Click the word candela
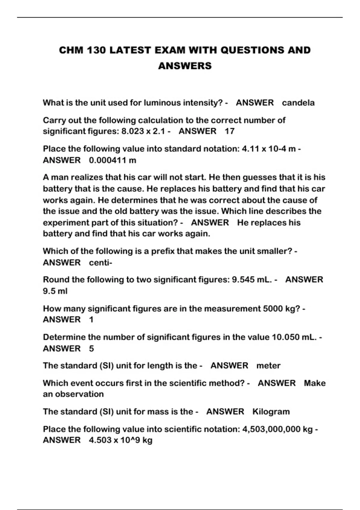coord(298,103)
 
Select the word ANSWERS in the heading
coord(185,66)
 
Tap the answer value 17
coord(229,131)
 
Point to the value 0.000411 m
coord(112,160)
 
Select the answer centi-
coord(100,262)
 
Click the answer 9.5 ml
coord(55,291)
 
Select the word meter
coord(268,366)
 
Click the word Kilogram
coord(271,412)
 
